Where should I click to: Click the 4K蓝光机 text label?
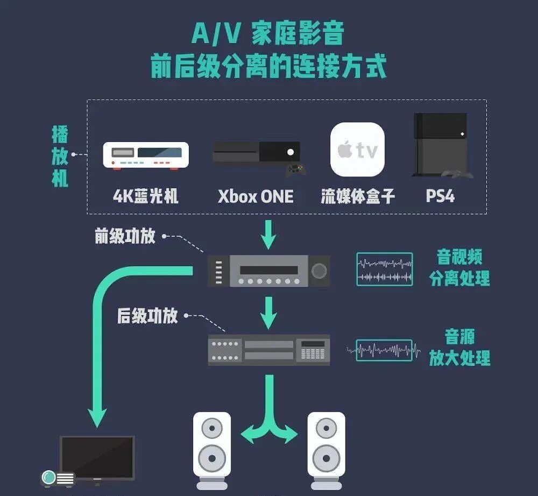point(145,196)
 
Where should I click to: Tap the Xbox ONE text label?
point(256,196)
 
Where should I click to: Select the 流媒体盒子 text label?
point(357,196)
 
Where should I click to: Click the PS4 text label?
point(440,196)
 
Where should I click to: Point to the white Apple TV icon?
point(357,150)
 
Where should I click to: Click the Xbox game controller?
point(296,170)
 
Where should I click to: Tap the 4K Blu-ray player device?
point(145,155)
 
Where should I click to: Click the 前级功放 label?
point(125,237)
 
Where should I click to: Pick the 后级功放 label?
point(147,316)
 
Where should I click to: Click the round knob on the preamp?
point(319,270)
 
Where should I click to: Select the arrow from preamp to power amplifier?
point(269,312)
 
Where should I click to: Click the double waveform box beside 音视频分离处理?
point(385,269)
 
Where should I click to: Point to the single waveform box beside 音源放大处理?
point(385,350)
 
